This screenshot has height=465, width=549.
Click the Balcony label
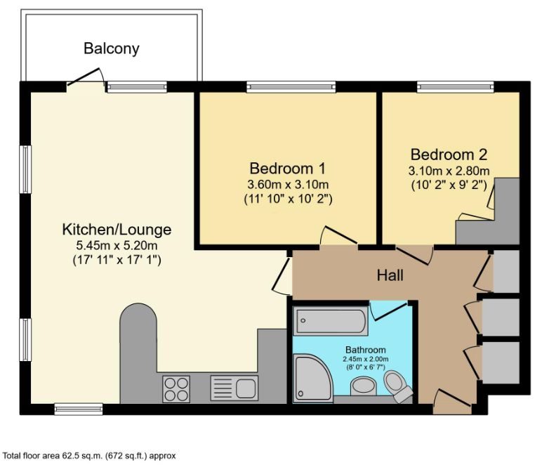112,48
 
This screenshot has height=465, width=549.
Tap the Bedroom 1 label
287,169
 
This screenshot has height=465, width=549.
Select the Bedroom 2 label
449,155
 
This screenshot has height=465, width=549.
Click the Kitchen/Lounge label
117,230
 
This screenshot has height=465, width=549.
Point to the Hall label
390,275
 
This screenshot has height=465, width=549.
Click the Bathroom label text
365,349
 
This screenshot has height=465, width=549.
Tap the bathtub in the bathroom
330,322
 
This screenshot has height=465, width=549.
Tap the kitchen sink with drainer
235,387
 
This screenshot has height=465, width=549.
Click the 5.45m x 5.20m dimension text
117,245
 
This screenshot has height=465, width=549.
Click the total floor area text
88,455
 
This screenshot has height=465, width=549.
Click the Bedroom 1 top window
291,87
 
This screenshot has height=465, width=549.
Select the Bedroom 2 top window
455,87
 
